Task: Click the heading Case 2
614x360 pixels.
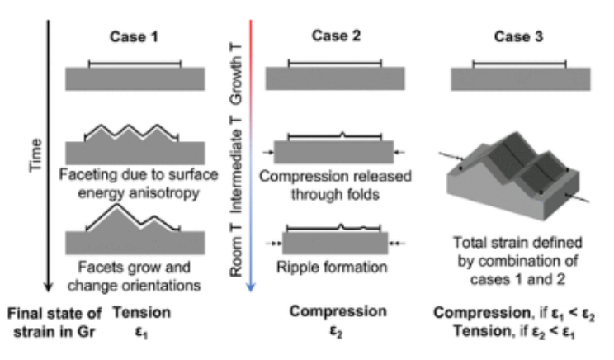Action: point(334,36)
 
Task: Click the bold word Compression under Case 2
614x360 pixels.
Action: point(338,311)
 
